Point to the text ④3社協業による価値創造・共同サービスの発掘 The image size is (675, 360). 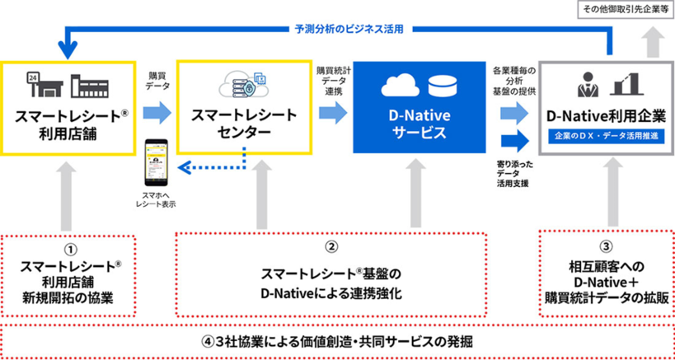pos(338,339)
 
